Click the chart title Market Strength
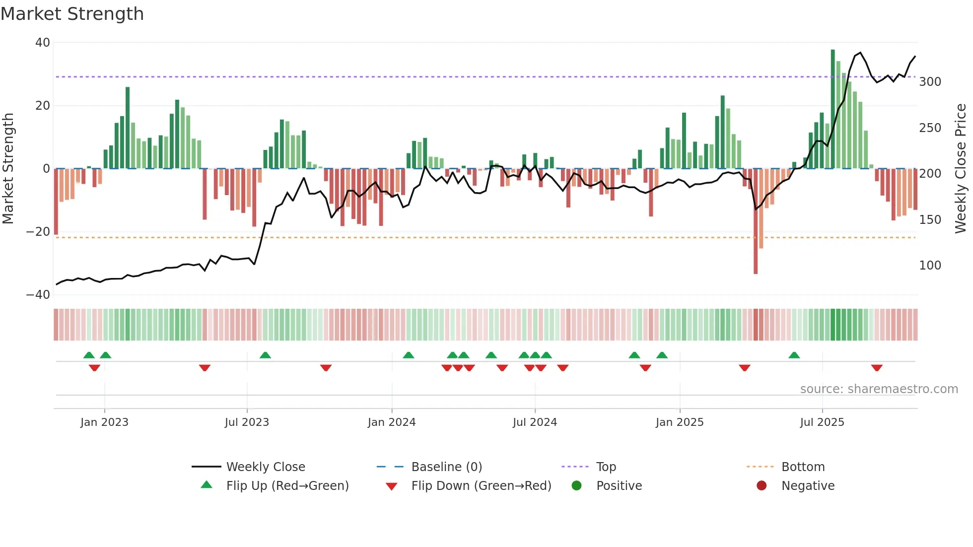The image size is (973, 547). point(72,14)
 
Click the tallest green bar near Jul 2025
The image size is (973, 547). point(833,109)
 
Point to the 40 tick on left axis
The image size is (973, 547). point(43,43)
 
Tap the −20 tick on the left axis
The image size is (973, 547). point(38,232)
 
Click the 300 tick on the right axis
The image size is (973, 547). point(930,82)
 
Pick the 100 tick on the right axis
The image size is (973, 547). point(930,266)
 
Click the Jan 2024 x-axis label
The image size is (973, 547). point(391,422)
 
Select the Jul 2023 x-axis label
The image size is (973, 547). point(247,422)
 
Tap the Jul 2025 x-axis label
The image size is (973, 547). point(822,422)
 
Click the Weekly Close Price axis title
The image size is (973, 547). point(961,169)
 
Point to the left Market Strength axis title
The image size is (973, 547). point(8,169)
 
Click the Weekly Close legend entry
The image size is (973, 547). point(265,467)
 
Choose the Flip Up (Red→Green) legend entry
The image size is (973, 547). point(287,486)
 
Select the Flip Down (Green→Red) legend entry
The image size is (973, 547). point(481,486)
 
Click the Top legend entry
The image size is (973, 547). point(606,467)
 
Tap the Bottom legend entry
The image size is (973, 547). point(802,467)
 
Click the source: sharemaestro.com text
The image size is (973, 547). point(879,389)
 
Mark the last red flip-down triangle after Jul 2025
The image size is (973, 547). point(876,368)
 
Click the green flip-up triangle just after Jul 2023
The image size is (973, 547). point(265,355)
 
